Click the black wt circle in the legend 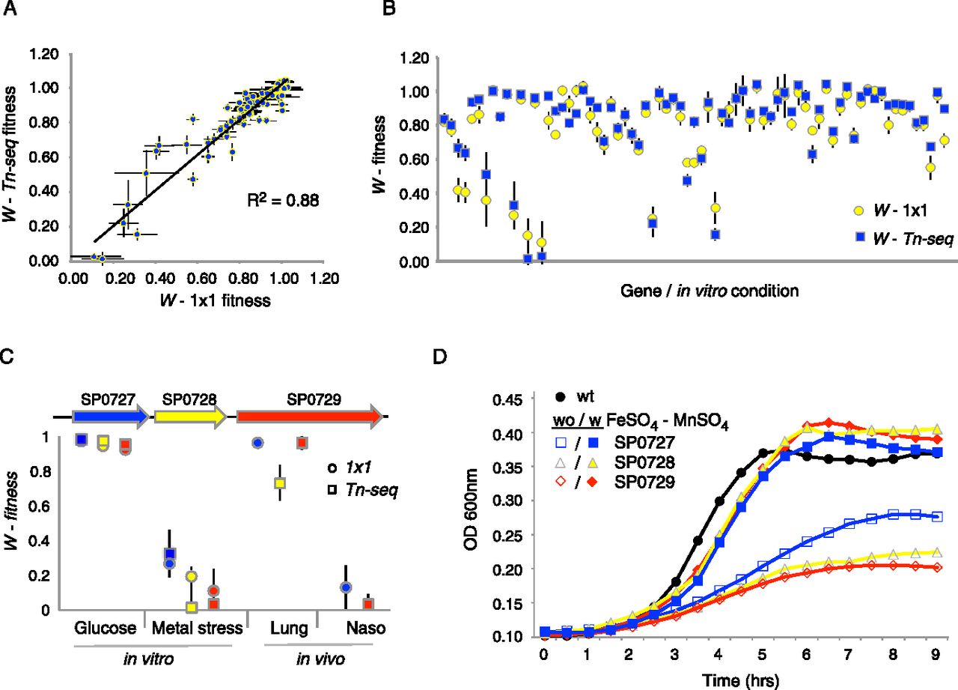click(559, 394)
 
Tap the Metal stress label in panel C click(197, 629)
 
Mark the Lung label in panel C click(287, 629)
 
